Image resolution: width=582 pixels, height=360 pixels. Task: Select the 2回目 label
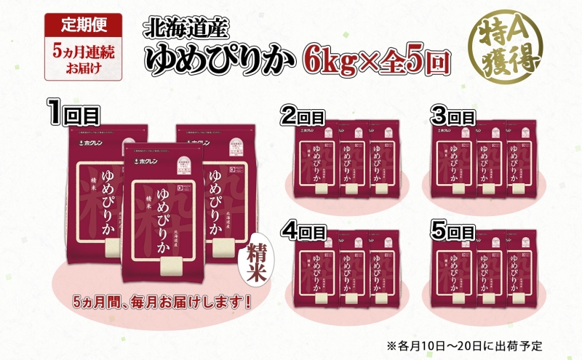coord(304,115)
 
